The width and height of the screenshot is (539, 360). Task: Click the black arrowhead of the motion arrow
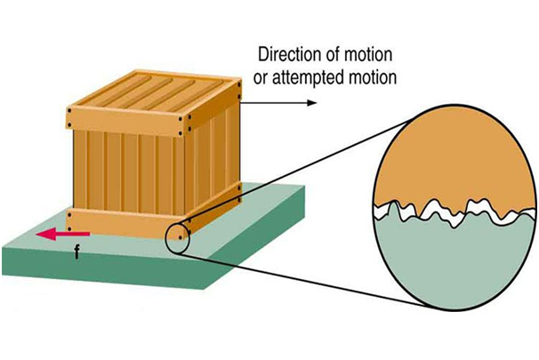click(x=310, y=103)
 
